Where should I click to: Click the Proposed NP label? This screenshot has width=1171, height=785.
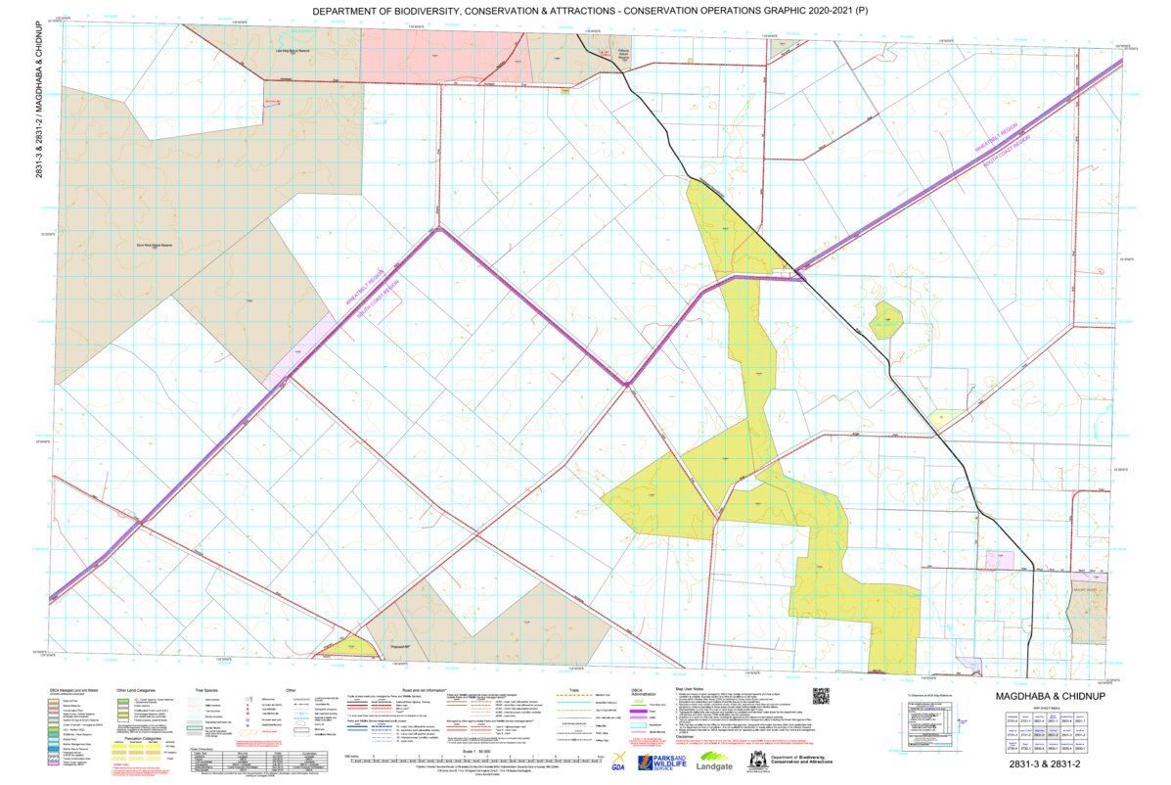[400, 647]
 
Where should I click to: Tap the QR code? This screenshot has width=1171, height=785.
[820, 697]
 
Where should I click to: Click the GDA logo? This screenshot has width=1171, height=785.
[618, 762]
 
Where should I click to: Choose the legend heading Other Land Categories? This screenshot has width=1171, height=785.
[135, 689]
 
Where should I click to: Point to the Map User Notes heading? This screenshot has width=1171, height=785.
[691, 688]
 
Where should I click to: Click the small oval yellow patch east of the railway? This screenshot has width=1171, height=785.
[885, 319]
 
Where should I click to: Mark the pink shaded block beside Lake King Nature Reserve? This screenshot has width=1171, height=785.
[445, 57]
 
